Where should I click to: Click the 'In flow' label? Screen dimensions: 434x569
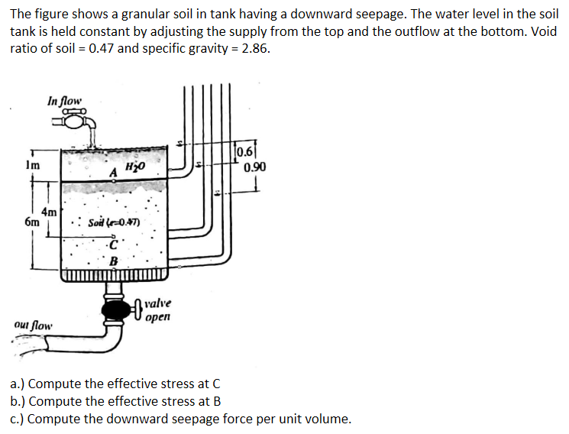tap(63, 100)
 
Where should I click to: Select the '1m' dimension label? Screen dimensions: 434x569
tap(22, 164)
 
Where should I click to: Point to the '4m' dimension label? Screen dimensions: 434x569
tap(49, 211)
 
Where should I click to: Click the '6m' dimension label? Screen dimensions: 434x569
tap(31, 222)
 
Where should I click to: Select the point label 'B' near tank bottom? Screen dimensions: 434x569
tap(114, 261)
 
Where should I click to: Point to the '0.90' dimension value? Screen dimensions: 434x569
tap(255, 167)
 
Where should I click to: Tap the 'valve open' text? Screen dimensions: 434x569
tap(157, 309)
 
